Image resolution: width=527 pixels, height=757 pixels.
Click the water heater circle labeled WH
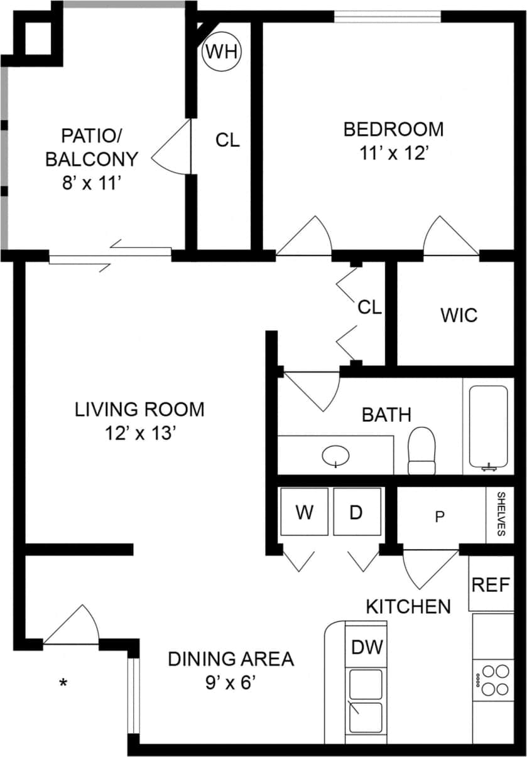[222, 51]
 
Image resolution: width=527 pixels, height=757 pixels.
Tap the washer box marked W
[305, 512]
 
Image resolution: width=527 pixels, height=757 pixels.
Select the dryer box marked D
[356, 512]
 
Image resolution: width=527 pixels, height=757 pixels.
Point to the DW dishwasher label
[367, 646]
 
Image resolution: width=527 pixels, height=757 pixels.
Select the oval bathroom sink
[337, 456]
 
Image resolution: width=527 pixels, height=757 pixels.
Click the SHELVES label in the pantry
[501, 514]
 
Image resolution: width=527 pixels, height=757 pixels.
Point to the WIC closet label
[459, 314]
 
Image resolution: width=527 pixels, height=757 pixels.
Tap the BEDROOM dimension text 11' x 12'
[393, 153]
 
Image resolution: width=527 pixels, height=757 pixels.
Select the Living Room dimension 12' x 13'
[139, 433]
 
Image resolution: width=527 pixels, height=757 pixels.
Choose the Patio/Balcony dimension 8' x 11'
[91, 183]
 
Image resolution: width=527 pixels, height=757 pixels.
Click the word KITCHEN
[408, 606]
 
